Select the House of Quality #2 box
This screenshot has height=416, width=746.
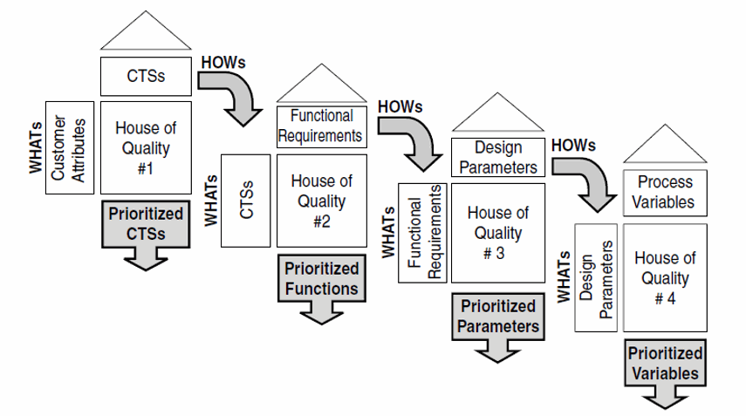tap(321, 201)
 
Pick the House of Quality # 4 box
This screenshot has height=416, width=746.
tap(665, 276)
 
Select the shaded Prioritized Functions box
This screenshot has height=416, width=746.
tap(319, 278)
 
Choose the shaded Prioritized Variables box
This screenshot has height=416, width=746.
tap(665, 364)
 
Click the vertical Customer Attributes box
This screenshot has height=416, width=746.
tap(69, 147)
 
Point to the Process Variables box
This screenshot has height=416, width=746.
tap(665, 192)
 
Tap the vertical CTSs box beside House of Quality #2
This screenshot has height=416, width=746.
tap(246, 202)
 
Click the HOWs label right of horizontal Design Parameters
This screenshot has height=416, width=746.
tap(573, 145)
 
